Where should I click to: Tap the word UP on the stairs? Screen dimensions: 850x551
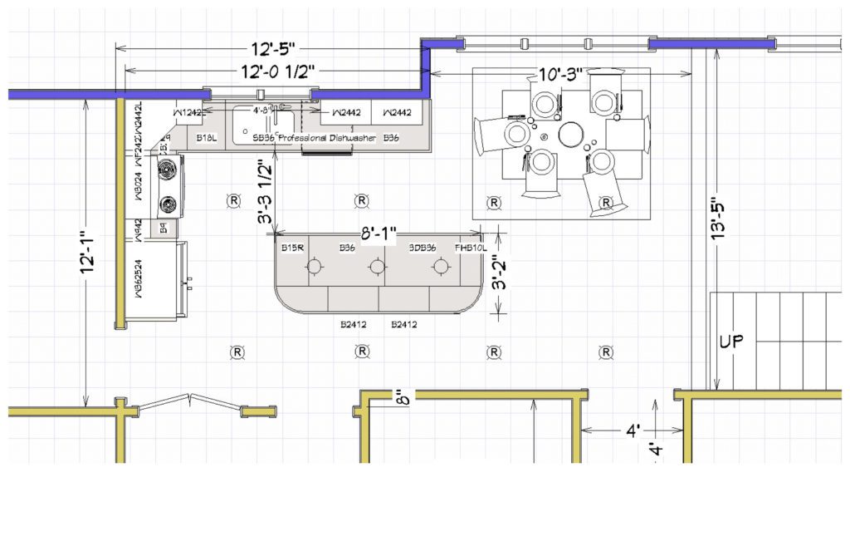click(x=732, y=342)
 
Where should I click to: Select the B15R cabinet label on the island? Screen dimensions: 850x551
click(x=292, y=248)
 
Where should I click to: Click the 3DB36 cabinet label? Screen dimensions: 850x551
click(x=423, y=248)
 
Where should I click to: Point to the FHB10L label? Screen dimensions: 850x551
click(x=467, y=248)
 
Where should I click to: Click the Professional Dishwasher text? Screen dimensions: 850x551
click(x=327, y=137)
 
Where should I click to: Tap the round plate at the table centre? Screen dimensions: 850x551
click(x=571, y=134)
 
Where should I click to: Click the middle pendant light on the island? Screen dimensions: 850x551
click(x=377, y=266)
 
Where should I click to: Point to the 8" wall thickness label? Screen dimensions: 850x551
click(x=403, y=401)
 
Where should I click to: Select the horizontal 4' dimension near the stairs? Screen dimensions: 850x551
click(x=633, y=430)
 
